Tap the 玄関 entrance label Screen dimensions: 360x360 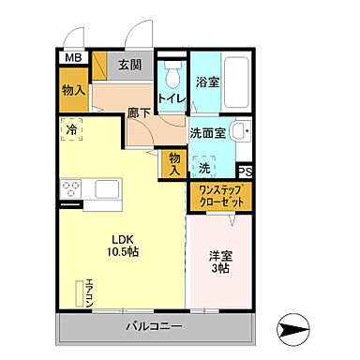130,65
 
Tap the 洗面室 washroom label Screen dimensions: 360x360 207,132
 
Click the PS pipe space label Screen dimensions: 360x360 246,171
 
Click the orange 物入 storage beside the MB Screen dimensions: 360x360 73,92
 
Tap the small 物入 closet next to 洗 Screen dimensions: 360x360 173,164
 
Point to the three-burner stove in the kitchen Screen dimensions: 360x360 71,191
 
